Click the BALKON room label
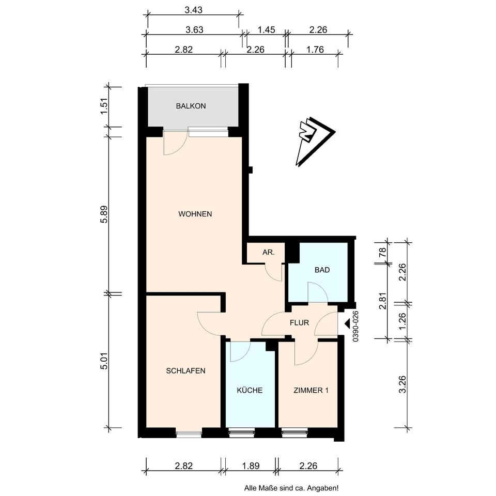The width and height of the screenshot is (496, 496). (x=191, y=106)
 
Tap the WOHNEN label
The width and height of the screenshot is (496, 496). (x=195, y=214)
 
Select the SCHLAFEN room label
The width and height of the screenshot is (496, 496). (x=185, y=371)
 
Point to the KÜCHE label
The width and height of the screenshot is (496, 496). (x=250, y=390)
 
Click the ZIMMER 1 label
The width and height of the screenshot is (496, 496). (x=311, y=391)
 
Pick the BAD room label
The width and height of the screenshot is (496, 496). (x=322, y=270)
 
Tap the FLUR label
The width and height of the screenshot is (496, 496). (x=299, y=322)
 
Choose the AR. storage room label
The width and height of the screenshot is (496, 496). (x=268, y=253)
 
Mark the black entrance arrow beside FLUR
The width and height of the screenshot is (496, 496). (x=347, y=323)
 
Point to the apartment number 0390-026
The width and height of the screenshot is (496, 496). (x=355, y=326)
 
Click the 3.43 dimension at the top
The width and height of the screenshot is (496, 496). (x=193, y=10)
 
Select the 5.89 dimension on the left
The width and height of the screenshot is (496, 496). (x=104, y=214)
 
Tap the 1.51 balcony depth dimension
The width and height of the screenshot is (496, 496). (x=104, y=107)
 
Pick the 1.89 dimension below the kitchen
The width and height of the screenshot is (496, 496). (x=251, y=466)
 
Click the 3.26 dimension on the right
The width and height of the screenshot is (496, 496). (x=402, y=384)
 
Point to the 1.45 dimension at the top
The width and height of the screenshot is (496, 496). (x=266, y=30)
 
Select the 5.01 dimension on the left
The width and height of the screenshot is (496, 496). (x=104, y=361)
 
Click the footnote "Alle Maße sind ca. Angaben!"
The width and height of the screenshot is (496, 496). (x=291, y=488)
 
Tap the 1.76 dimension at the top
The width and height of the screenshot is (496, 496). (x=315, y=50)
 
